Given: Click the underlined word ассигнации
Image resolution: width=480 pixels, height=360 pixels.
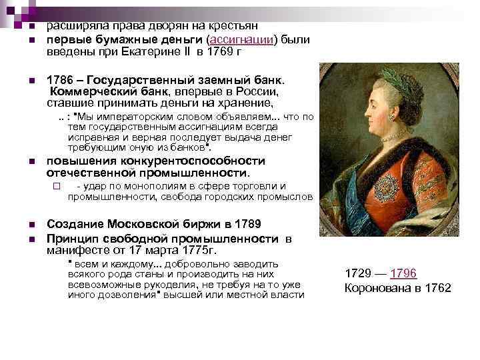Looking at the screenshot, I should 241,40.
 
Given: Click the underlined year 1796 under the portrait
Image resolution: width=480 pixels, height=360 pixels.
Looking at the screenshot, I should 403,273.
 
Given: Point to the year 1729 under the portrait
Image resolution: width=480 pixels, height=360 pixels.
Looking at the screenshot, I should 359,273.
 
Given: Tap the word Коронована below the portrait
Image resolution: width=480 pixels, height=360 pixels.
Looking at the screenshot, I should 375,288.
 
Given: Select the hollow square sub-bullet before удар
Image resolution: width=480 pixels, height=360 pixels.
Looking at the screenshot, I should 57,186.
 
